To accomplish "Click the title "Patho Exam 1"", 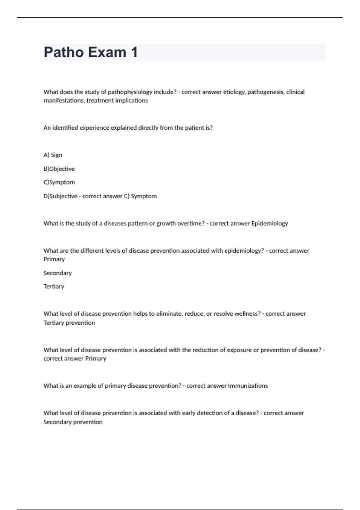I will point(91,52).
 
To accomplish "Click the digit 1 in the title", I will point(134,52).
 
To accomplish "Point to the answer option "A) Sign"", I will point(53,155).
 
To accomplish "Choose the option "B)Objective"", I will point(59,169).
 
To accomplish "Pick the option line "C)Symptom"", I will point(59,182).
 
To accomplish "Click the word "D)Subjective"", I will point(60,196).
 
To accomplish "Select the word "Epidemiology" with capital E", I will point(269,223).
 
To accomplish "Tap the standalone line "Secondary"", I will point(58,273).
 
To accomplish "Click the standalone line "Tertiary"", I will point(54,286).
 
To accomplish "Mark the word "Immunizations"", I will point(248,386).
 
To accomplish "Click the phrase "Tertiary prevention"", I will point(69,323).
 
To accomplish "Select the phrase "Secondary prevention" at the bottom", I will point(73,422).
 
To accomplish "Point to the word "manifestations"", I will point(64,100).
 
